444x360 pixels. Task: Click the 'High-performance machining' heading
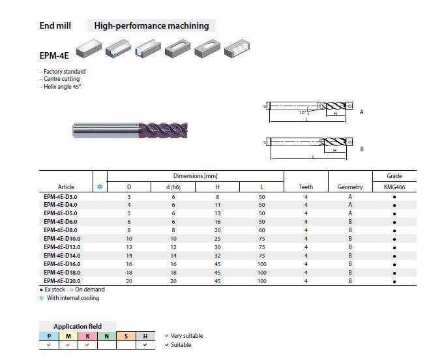151,26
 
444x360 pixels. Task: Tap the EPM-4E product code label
54,55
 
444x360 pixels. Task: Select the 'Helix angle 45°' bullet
62,87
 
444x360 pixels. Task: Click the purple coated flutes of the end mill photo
163,130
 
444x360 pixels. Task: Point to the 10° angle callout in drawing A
303,113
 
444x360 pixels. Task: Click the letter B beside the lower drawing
362,149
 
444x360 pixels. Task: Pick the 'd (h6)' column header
173,187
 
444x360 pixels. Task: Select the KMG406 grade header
394,187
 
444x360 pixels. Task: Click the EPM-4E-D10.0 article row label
62,239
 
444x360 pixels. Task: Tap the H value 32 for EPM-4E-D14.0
218,256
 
